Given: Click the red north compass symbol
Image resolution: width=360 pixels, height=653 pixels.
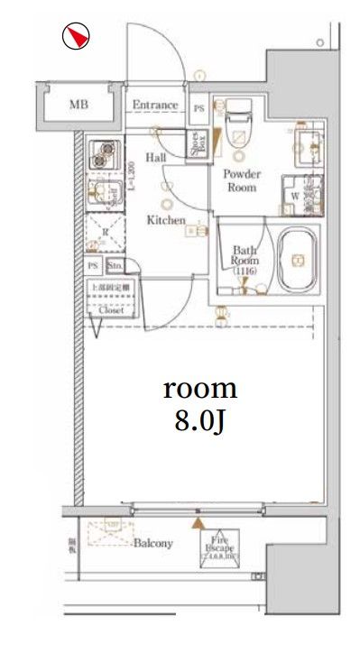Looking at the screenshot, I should pos(78,37).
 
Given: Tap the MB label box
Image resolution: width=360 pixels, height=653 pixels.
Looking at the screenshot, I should pos(79,105).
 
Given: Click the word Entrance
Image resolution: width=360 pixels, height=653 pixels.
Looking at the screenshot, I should pos(155,105).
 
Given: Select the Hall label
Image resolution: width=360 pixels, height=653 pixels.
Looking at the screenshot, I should pos(155,158).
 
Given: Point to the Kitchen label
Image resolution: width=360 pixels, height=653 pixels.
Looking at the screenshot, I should pos(166,220).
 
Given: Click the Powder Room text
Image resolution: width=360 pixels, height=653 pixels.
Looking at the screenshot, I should pos(241,181).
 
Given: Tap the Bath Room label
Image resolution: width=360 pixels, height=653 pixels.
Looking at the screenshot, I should pos(245,257).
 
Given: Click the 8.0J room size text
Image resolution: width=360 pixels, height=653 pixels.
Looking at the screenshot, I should pos(200,421).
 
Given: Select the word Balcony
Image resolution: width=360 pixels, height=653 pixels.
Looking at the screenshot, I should pos(153,544).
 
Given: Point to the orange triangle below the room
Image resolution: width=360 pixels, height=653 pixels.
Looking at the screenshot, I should pos(198,521).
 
